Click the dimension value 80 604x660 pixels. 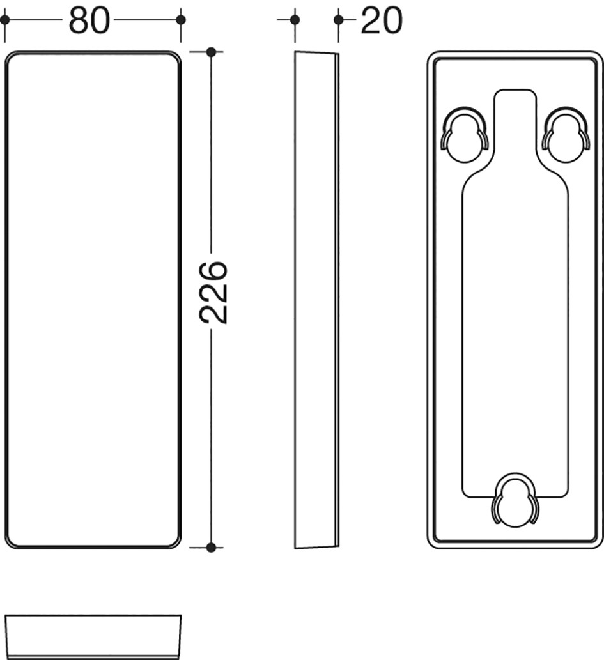pos(89,20)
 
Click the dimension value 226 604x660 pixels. pos(213,293)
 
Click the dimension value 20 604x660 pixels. pos(382,20)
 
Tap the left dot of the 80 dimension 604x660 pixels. pos(4,19)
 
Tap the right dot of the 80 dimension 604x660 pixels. pos(181,19)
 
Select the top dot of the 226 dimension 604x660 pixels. pos(212,52)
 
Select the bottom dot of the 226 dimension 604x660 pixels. pos(212,548)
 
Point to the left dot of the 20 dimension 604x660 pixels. pos(295,19)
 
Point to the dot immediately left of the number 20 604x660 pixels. pos(338,19)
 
